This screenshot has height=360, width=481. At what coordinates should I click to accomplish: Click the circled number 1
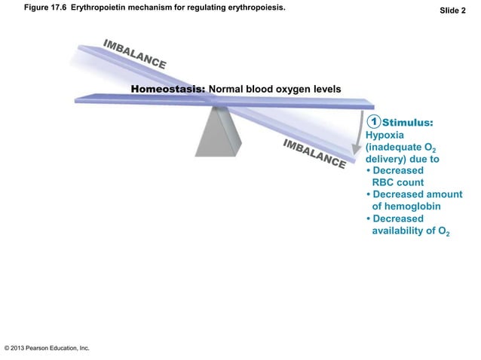372,121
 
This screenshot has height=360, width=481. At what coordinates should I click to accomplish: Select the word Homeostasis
167,90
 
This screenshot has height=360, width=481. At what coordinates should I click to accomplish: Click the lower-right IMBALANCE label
314,154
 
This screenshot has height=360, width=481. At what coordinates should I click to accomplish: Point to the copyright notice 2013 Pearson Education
47,349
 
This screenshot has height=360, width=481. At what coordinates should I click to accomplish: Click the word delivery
384,160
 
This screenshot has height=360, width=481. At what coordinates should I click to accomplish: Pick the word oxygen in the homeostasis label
286,90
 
